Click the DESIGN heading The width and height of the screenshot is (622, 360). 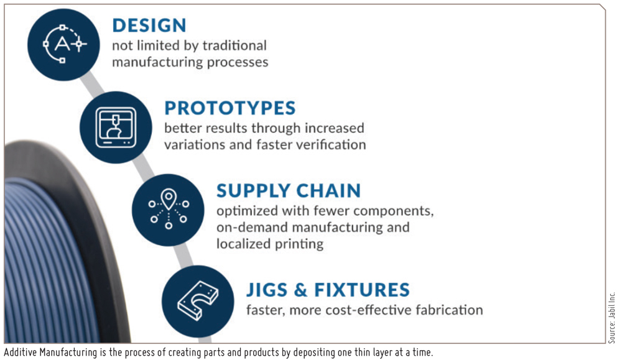click(149, 25)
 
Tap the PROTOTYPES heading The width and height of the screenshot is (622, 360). click(230, 108)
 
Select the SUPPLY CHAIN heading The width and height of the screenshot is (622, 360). click(289, 191)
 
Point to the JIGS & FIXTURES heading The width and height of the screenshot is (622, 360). click(328, 290)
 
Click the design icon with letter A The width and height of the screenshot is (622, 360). click(63, 45)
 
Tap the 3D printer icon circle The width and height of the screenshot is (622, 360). click(116, 127)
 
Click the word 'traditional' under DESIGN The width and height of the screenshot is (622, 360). click(234, 45)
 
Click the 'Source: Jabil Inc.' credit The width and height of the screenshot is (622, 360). click(611, 318)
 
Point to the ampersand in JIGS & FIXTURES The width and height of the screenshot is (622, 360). click(300, 290)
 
